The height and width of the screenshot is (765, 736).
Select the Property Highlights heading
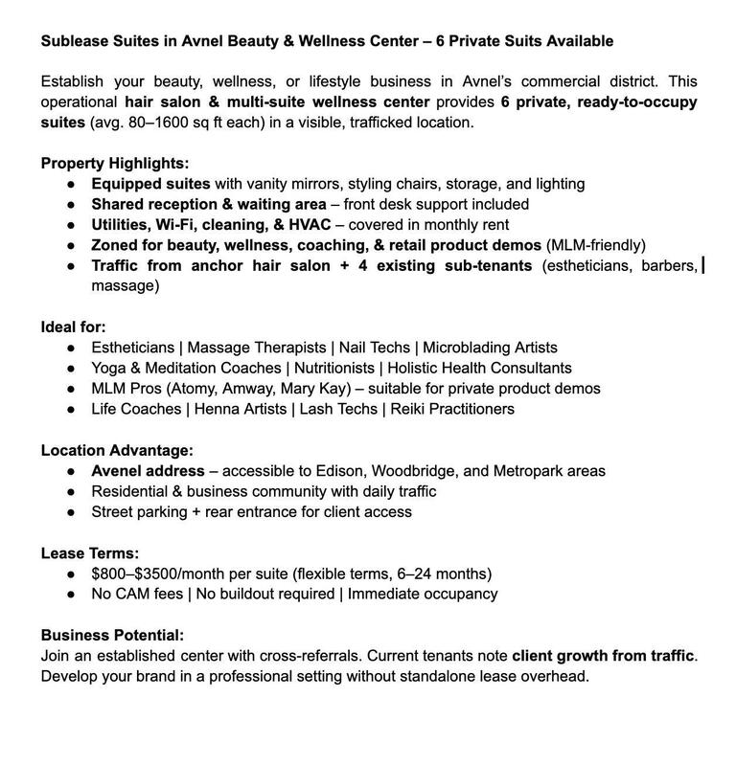(115, 163)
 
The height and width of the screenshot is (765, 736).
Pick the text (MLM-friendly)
(596, 245)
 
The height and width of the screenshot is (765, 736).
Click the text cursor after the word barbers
(703, 265)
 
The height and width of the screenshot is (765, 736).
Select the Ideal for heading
(73, 326)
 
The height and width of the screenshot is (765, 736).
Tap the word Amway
(246, 389)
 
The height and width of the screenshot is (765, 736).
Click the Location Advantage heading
(117, 450)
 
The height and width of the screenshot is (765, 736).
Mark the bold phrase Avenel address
(148, 471)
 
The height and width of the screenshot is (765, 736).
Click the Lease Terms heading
(90, 552)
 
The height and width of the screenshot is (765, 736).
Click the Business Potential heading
(112, 635)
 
